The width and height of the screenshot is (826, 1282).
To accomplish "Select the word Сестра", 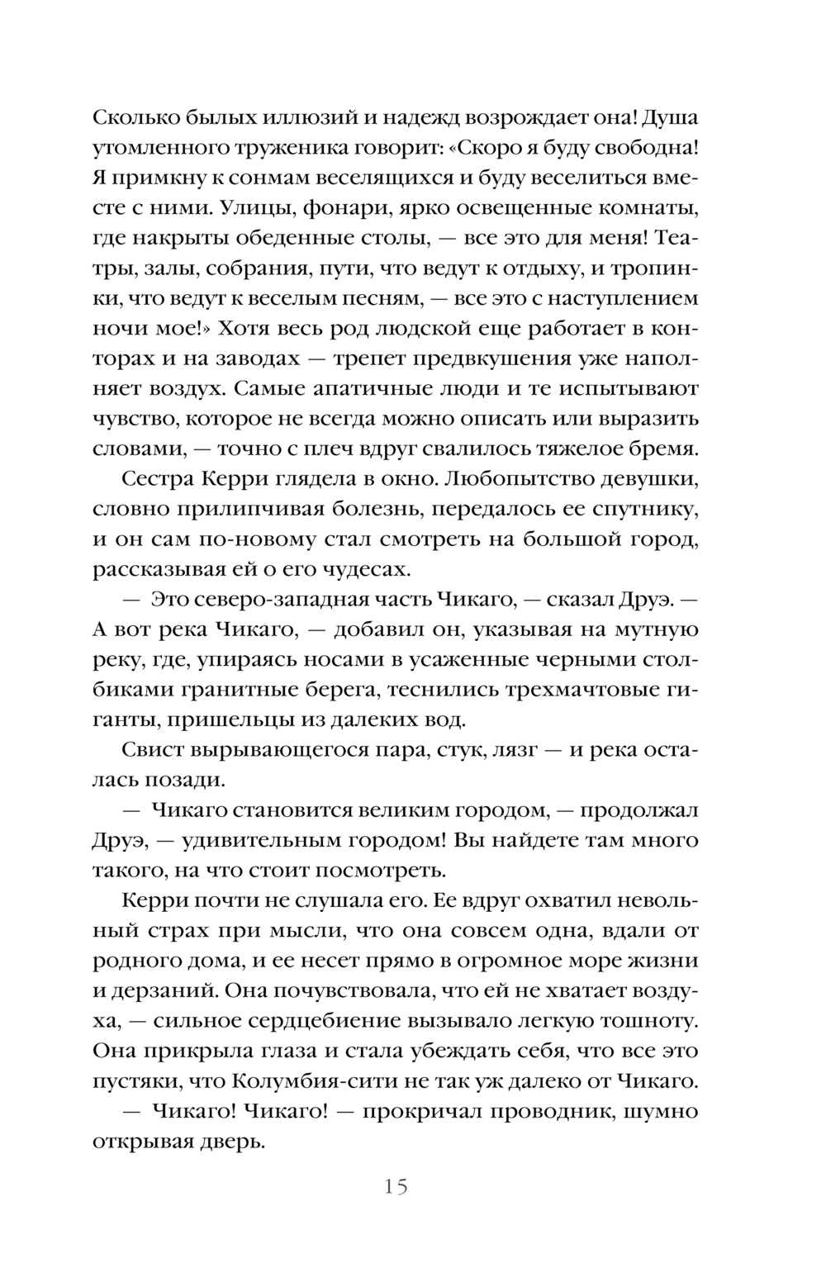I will click(x=156, y=479).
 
